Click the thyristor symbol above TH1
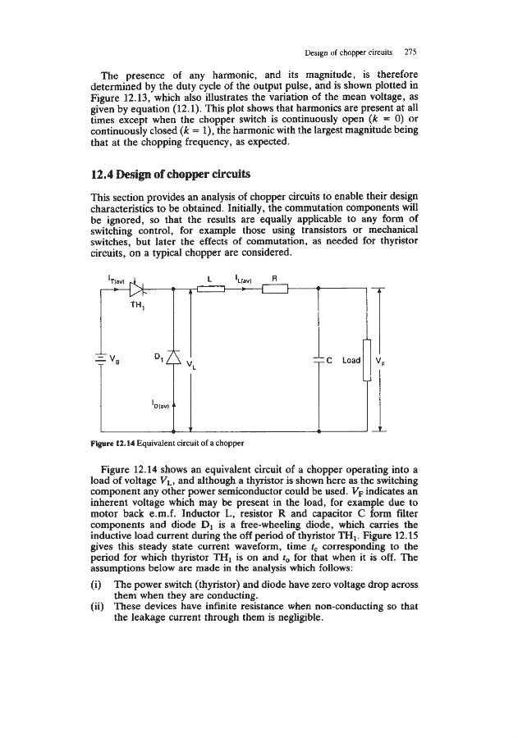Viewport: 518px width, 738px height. (x=135, y=289)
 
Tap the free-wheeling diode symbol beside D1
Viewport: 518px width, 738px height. (x=173, y=358)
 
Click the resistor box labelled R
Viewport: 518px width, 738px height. (x=274, y=289)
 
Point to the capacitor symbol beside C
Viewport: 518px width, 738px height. (x=319, y=361)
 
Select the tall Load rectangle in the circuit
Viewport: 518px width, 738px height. (x=366, y=358)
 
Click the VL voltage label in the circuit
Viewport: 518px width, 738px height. (x=191, y=363)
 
